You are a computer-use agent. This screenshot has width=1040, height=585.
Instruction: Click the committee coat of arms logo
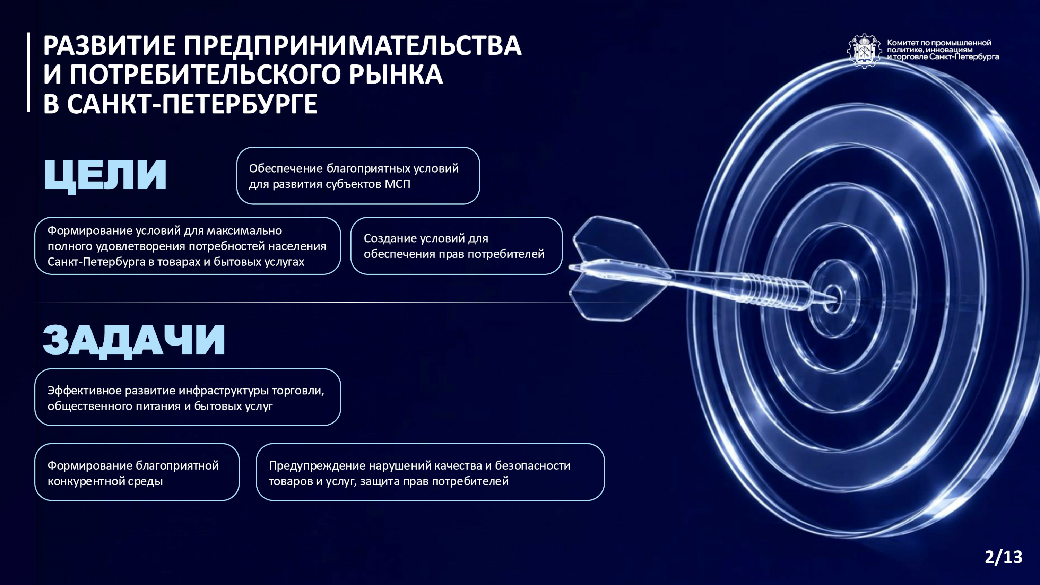pos(864,51)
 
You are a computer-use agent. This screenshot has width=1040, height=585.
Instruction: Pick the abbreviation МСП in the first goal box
pos(397,184)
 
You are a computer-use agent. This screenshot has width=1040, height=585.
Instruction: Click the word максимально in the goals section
pos(244,230)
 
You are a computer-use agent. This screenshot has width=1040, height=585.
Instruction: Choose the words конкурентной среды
pos(105,481)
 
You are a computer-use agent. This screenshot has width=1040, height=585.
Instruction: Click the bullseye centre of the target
pos(832,299)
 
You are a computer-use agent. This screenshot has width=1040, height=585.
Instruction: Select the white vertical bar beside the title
pos(29,72)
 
